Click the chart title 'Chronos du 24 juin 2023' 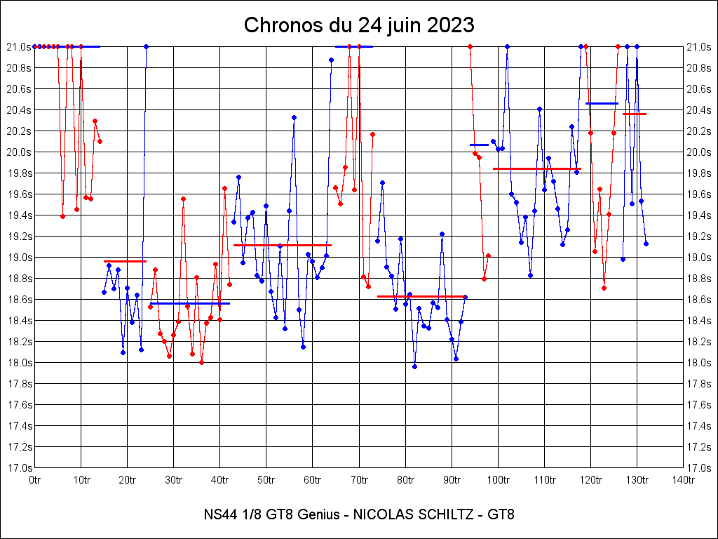pos(359,25)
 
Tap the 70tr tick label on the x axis pos(359,479)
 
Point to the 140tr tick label pos(684,479)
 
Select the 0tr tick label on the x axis pos(35,479)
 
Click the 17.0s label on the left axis pos(19,467)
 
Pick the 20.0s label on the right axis pos(700,152)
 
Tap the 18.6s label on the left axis pos(19,299)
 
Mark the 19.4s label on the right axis pos(700,215)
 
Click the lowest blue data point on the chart pos(414,366)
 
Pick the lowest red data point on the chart pos(201,362)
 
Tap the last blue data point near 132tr pos(646,244)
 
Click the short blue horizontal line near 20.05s pos(479,145)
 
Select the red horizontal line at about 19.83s pos(536,168)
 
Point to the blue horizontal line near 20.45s pos(602,103)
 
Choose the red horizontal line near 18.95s pos(125,261)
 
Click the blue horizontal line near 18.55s pos(189,303)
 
